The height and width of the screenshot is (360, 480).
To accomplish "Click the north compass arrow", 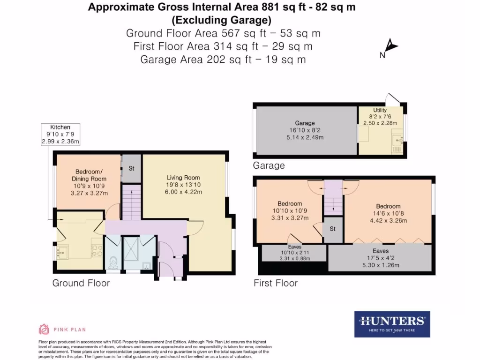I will (x=391, y=47).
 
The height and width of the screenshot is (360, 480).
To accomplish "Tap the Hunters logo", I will (x=392, y=324).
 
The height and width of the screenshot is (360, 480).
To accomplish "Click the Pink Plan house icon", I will (x=44, y=329).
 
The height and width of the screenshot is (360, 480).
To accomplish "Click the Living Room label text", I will (x=183, y=178).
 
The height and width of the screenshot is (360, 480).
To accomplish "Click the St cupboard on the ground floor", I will (x=131, y=168).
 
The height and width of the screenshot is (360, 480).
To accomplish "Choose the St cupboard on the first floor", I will (x=333, y=229).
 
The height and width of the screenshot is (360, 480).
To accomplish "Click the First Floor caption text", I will (x=275, y=283).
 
